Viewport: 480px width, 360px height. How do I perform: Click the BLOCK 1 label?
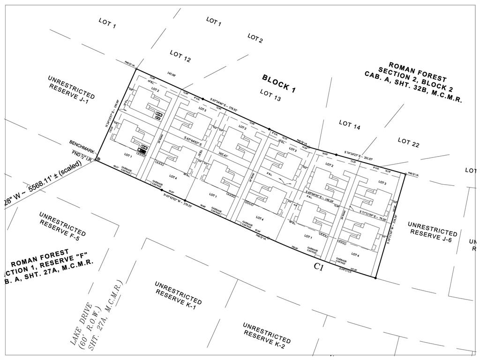point(279,84)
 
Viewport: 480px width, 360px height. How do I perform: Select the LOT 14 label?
point(350,125)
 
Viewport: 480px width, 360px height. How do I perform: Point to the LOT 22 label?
point(408,142)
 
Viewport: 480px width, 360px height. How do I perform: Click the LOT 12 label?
point(180,56)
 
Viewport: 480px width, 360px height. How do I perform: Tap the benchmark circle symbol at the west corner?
point(98,159)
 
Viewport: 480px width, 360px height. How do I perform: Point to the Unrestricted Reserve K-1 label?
point(178,293)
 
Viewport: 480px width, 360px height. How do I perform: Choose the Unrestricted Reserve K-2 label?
point(266,336)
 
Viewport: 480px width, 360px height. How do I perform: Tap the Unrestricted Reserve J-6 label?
point(432,230)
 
